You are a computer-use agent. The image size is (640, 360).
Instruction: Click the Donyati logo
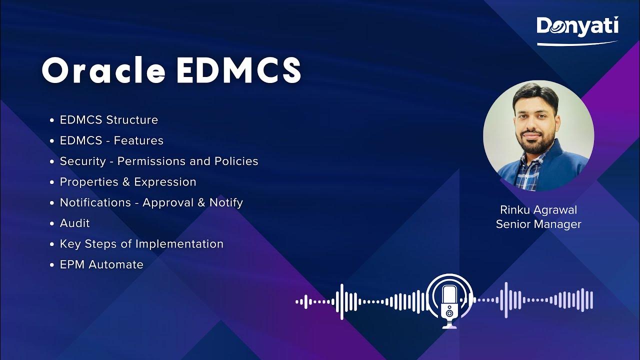coord(577,27)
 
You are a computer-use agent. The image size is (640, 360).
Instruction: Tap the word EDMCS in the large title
coord(239,71)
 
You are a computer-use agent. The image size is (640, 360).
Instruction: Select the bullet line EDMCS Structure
coord(108,120)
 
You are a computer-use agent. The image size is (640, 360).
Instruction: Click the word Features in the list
coord(138,140)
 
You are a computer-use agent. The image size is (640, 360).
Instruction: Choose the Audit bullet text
coord(75,223)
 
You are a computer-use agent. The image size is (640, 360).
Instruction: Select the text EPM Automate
coord(101,264)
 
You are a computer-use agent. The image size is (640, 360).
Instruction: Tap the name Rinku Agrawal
coord(538,210)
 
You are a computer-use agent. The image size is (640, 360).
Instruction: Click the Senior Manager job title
coord(538,224)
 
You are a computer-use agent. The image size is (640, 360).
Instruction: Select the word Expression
coord(165,182)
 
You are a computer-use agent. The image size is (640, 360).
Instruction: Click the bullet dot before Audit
coord(52,223)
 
